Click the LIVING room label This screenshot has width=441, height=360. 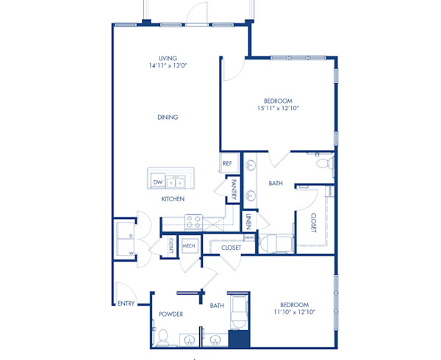tap(168, 58)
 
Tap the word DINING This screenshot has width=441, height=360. tap(168, 118)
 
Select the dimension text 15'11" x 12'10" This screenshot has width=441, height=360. tap(278, 108)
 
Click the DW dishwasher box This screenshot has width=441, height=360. tap(157, 181)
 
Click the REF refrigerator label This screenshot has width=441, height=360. tap(227, 164)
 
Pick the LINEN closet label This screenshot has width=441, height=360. tap(249, 220)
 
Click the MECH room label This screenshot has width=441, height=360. tap(189, 246)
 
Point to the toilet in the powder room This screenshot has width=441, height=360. tap(165, 337)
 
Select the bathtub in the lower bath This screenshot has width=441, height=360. tap(239, 312)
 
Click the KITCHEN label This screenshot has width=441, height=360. tap(173, 199)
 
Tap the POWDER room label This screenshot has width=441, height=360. tap(171, 314)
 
